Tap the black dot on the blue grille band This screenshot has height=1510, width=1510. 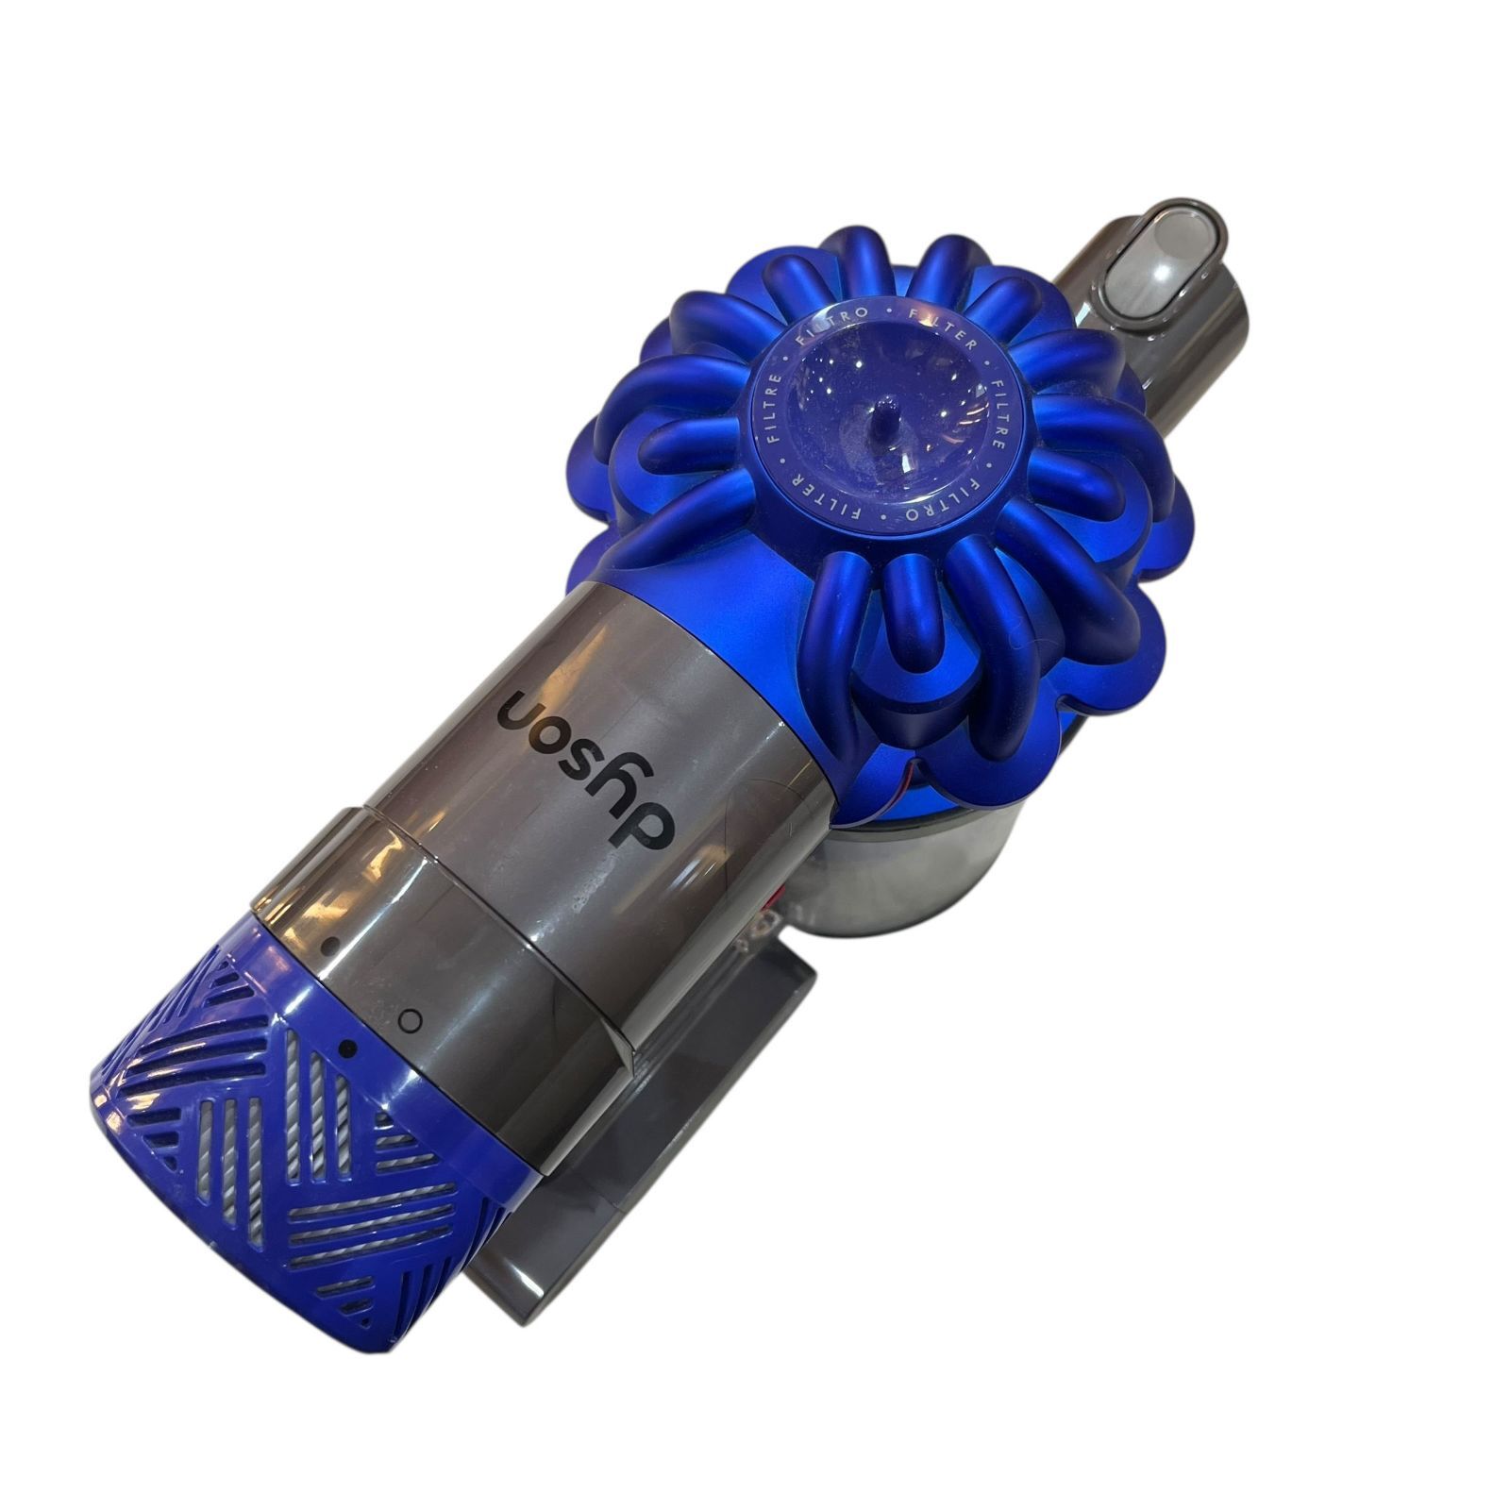coord(348,1047)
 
